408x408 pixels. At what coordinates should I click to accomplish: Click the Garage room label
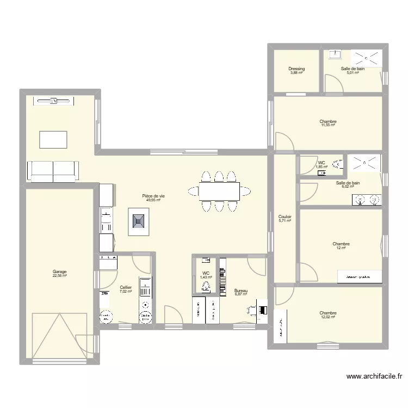click(59, 271)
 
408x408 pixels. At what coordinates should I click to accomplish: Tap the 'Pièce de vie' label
click(153, 196)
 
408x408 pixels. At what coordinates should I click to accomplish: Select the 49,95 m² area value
click(153, 200)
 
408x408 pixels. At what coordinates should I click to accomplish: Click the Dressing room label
click(296, 69)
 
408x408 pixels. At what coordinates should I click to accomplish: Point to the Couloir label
click(285, 216)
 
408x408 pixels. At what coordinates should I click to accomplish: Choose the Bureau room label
click(240, 291)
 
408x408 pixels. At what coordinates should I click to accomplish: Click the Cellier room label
click(126, 287)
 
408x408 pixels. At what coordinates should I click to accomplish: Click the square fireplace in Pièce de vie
click(138, 221)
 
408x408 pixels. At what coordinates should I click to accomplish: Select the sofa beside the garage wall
click(53, 171)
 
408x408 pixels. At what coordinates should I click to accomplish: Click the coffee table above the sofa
click(53, 139)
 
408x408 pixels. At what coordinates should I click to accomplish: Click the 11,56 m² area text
click(327, 125)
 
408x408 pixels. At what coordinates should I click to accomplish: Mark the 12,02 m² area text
click(327, 317)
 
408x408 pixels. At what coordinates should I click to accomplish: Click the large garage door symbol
click(59, 337)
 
